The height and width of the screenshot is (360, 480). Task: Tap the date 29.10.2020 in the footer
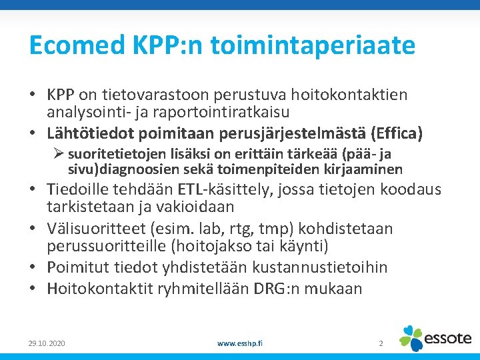coord(47,343)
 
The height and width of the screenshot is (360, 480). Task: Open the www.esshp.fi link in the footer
coord(240,343)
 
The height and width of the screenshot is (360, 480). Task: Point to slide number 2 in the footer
coord(381,343)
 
